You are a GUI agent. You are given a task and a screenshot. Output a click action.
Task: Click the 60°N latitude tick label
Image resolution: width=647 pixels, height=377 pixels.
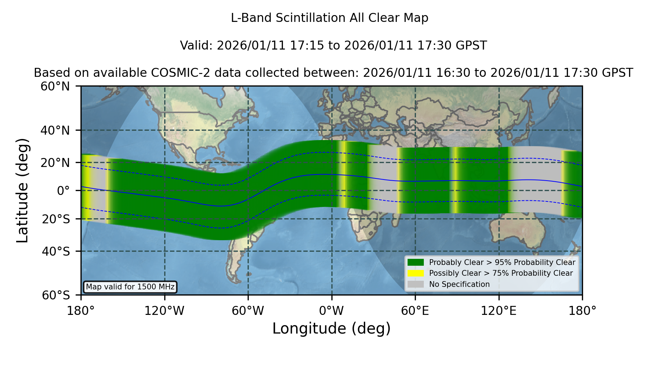(x=55, y=87)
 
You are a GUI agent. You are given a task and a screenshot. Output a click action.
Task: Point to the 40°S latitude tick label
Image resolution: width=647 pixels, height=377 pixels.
(x=56, y=251)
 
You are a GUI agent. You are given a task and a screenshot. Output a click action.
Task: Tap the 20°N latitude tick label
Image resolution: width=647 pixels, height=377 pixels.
(x=55, y=163)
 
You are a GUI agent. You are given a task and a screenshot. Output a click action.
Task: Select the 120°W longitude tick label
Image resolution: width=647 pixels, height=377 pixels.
(x=164, y=311)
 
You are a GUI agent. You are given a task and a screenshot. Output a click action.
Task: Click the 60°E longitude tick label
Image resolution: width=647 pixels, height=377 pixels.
(x=415, y=311)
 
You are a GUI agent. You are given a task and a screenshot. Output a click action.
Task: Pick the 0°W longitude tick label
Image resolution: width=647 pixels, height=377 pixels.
(x=331, y=311)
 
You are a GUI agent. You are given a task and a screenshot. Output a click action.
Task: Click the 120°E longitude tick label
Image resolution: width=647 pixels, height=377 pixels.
(x=499, y=311)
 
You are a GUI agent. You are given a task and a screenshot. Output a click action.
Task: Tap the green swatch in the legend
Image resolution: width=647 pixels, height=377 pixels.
(x=416, y=262)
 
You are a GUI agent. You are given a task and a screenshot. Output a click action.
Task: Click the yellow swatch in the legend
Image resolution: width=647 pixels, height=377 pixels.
(x=416, y=273)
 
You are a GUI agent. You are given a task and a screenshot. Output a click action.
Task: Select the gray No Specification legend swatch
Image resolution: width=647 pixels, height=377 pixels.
(x=416, y=284)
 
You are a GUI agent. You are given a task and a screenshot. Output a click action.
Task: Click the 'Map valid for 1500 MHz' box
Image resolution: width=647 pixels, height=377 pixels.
(x=130, y=287)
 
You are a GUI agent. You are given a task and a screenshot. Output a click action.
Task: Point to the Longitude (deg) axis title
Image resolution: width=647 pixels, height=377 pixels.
(x=331, y=329)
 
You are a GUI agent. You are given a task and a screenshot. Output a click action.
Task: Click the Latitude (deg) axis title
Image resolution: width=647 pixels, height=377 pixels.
(x=22, y=190)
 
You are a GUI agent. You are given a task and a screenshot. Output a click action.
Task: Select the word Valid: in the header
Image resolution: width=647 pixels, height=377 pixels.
(x=197, y=46)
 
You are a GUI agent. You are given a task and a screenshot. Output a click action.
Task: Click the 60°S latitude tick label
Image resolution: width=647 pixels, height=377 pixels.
(x=56, y=295)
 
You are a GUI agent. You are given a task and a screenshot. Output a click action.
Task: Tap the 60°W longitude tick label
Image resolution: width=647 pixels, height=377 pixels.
(x=248, y=311)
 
